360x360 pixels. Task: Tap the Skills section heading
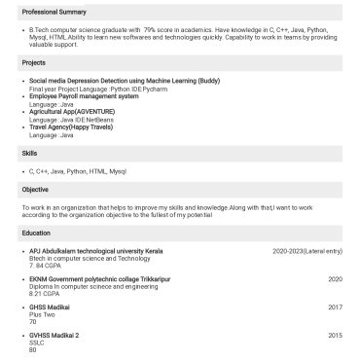click(29, 154)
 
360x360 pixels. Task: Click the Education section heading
click(36, 234)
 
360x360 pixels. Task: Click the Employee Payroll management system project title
click(84, 96)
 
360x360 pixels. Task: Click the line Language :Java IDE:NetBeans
click(66, 119)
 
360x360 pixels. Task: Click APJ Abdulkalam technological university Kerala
click(96, 251)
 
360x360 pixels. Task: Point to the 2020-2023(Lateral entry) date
click(307, 251)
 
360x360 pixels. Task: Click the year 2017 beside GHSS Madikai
click(335, 307)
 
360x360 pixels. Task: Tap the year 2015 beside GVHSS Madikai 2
click(335, 336)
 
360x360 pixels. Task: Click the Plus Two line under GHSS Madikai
click(42, 314)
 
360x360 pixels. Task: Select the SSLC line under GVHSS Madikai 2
click(38, 342)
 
